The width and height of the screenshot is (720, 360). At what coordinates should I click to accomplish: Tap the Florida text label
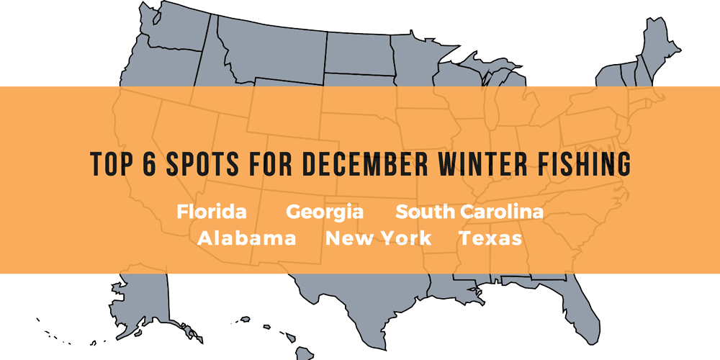(x=212, y=212)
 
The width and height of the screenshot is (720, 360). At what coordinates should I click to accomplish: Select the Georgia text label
(x=325, y=212)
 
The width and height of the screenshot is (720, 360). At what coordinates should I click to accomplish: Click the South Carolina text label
(x=469, y=212)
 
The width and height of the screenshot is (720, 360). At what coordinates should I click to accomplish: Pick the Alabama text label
(x=247, y=238)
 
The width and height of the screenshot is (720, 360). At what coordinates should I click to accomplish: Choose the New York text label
(x=379, y=238)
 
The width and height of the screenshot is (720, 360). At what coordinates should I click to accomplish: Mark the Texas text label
(x=490, y=238)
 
